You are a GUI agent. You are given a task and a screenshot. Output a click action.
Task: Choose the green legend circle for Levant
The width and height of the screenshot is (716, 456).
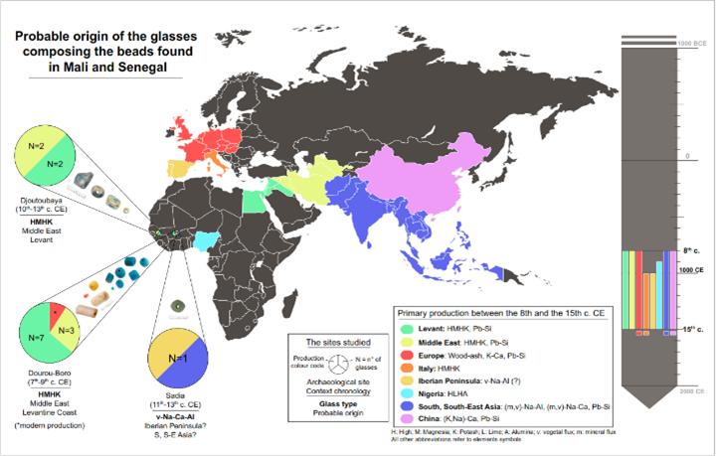point(407,327)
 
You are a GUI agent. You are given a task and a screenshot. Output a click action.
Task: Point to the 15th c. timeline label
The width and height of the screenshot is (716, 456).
point(693,329)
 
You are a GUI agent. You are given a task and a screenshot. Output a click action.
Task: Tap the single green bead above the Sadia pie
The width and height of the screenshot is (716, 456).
point(179,304)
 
